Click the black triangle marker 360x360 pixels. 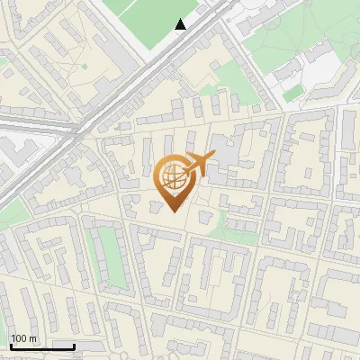pyautogui.click(x=181, y=24)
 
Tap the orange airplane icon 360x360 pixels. pyautogui.click(x=198, y=164)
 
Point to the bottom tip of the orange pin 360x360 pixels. pyautogui.click(x=173, y=211)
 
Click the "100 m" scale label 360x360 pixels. pyautogui.click(x=23, y=338)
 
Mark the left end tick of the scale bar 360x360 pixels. pyautogui.click(x=10, y=346)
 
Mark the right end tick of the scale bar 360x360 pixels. pyautogui.click(x=74, y=346)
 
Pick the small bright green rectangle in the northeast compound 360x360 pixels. pyautogui.click(x=293, y=92)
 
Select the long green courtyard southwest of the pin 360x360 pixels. pyautogui.click(x=108, y=256)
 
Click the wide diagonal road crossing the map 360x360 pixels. pyautogui.click(x=135, y=90)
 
